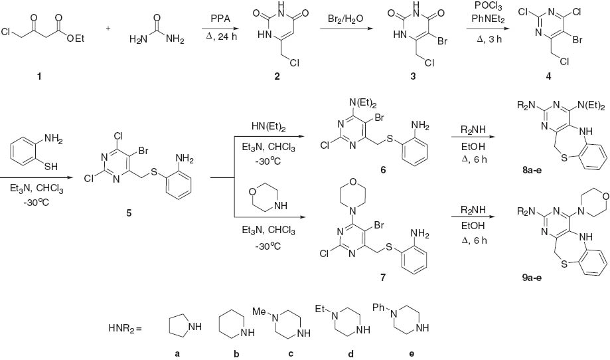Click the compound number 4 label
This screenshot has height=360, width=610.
(x=530, y=77)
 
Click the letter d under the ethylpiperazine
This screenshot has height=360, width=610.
(x=345, y=353)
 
